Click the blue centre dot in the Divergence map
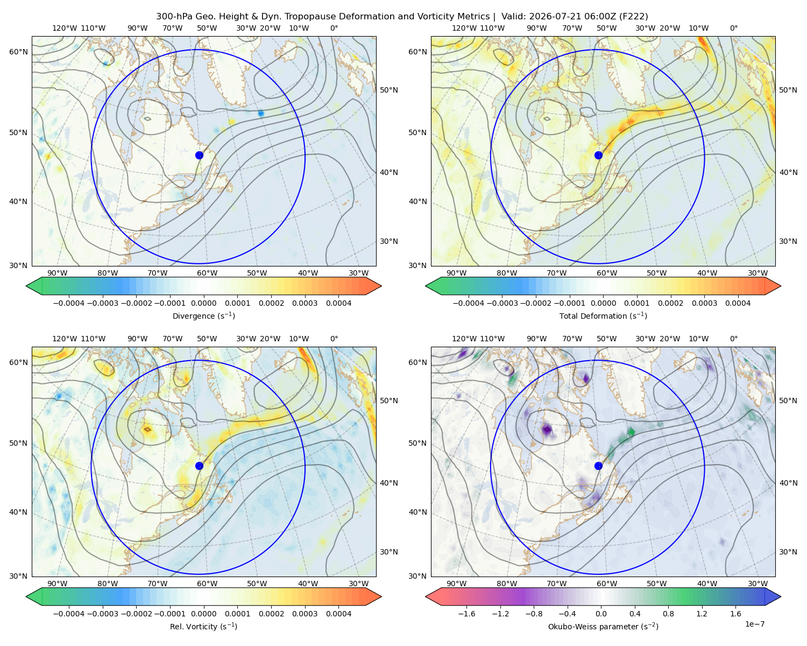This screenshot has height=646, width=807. pos(199,156)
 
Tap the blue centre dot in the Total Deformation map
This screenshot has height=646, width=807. pos(598,156)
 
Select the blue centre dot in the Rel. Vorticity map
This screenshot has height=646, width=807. pos(199,466)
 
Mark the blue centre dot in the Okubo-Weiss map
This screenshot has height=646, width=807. pos(598,466)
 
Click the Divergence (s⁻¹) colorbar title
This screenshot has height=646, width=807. pos(203,316)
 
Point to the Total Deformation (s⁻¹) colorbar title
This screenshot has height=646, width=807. pos(603,316)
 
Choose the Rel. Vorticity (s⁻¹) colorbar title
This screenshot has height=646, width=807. pos(203,627)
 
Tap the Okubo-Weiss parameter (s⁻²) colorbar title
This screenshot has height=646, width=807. pos(603,627)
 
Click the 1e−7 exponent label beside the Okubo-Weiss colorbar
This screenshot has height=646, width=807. pos(754,624)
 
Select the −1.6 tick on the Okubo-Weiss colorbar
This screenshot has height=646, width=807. pos(466,614)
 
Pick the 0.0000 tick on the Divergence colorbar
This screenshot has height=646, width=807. pos(203,303)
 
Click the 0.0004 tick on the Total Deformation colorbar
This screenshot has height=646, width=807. pos(738,303)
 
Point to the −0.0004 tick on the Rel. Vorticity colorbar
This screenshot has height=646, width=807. pos(69,614)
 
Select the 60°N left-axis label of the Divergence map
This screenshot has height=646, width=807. pos(18,52)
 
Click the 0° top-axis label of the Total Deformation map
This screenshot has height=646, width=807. pos(733,28)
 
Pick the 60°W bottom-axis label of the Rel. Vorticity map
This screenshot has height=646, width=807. pos(207,584)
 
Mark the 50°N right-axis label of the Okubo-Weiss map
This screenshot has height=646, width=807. pos(788,401)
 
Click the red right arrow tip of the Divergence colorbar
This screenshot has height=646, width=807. pos(381,286)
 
